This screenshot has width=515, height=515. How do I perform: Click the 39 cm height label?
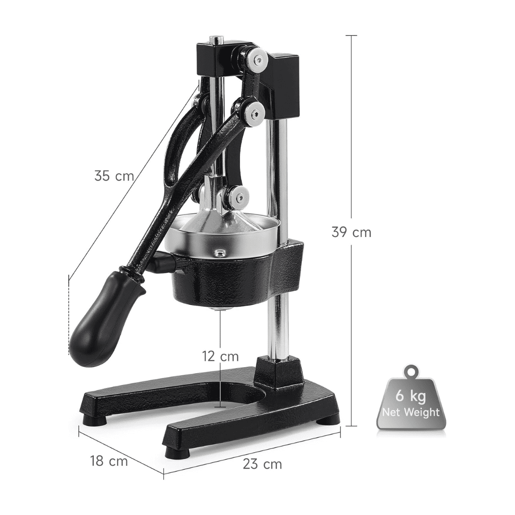click(x=351, y=233)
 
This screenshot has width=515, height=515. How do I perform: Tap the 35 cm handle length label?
click(x=114, y=175)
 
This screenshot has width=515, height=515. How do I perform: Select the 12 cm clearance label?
click(x=220, y=356)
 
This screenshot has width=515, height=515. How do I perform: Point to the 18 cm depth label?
click(x=109, y=461)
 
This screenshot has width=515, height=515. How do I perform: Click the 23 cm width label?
click(x=262, y=464)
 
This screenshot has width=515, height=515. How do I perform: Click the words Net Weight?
click(x=411, y=412)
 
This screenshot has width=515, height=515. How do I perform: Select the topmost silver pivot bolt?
click(x=258, y=59)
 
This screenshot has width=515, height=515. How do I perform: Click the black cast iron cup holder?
click(x=224, y=281)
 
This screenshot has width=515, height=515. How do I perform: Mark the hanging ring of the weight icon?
click(x=411, y=371)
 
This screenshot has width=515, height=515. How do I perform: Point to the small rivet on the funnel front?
click(x=219, y=253)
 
